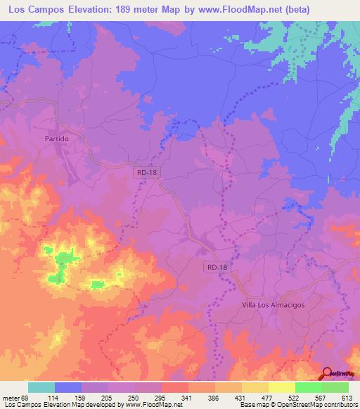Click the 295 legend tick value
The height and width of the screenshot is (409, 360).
point(160,398)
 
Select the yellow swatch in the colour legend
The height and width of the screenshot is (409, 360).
point(282,387)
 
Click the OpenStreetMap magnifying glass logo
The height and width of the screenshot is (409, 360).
point(328,375)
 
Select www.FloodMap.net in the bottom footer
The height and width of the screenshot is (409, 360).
point(148,405)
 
